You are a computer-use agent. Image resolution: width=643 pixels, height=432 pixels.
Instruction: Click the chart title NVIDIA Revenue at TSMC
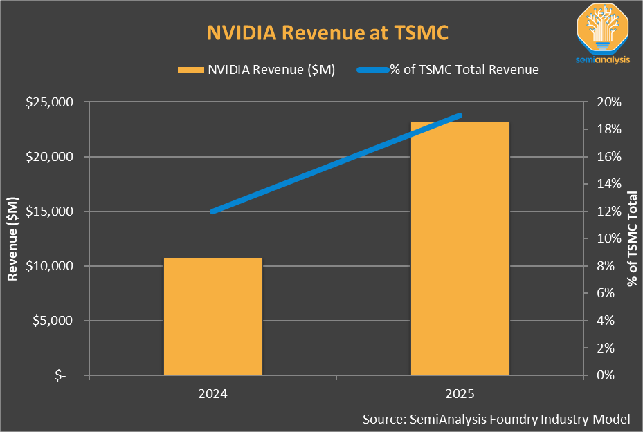tap(321, 32)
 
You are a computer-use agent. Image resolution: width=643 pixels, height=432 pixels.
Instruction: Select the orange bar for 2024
tap(212, 317)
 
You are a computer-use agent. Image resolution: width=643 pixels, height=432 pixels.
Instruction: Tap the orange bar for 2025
tap(460, 249)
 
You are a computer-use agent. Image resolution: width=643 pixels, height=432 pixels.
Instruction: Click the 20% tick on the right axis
tap(609, 102)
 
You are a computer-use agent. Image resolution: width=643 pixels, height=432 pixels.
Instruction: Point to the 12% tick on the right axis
tap(609, 212)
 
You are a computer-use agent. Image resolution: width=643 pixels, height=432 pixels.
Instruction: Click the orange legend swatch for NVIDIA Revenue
tap(190, 70)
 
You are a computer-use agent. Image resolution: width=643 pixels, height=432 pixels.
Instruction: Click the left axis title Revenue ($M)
tap(13, 238)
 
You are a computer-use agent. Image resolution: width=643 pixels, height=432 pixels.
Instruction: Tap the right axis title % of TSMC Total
tap(631, 238)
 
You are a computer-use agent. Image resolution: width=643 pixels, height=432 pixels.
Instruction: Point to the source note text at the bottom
tap(496, 419)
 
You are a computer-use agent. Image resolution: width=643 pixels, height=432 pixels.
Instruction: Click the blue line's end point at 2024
tap(212, 212)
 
